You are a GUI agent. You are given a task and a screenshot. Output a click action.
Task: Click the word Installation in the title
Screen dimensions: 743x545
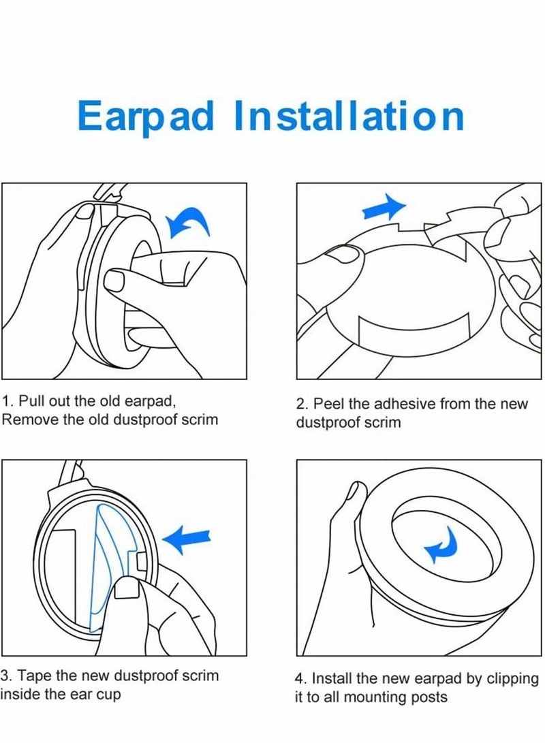coord(348,116)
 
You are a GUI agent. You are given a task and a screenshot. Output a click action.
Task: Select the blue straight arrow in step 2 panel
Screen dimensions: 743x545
coord(384,207)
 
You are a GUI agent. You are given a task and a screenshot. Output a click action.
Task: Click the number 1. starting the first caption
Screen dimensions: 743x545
coord(8,401)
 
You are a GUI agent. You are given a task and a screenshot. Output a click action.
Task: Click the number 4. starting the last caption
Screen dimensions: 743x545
coord(300,678)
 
